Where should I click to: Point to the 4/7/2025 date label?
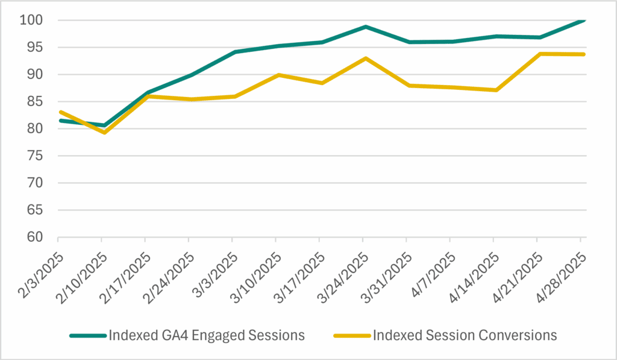433,263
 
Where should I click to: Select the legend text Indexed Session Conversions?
465,335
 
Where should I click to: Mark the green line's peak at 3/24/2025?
365,27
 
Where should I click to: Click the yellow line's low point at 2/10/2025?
104,132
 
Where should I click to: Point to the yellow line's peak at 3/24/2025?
365,58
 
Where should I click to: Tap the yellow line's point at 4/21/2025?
539,54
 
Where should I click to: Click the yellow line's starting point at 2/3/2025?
60,112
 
